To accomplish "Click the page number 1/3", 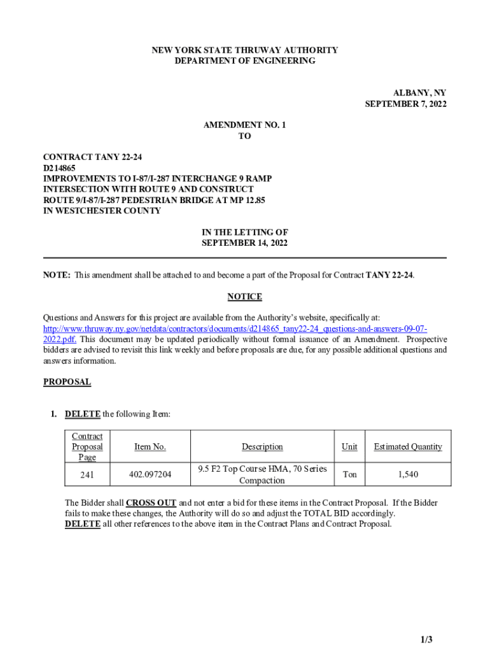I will [x=426, y=639].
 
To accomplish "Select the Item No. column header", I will [x=150, y=446].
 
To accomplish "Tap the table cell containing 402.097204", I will [x=150, y=474].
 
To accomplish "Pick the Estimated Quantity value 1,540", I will [x=407, y=474].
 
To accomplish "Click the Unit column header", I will [x=349, y=446].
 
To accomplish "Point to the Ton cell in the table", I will [x=349, y=474].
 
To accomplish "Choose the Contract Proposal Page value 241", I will [x=87, y=474].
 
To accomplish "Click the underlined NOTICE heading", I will [x=244, y=297].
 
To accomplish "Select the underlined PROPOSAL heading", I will [x=67, y=382].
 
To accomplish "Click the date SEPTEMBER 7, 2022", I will [x=405, y=104].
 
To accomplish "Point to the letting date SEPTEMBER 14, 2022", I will [x=244, y=243].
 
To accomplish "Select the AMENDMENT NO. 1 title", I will [x=244, y=125].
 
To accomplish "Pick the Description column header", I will [x=262, y=446].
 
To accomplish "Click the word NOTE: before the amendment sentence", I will [x=57, y=275].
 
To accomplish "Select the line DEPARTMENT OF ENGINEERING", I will [x=244, y=60].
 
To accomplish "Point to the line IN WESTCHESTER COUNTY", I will [x=102, y=211].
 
